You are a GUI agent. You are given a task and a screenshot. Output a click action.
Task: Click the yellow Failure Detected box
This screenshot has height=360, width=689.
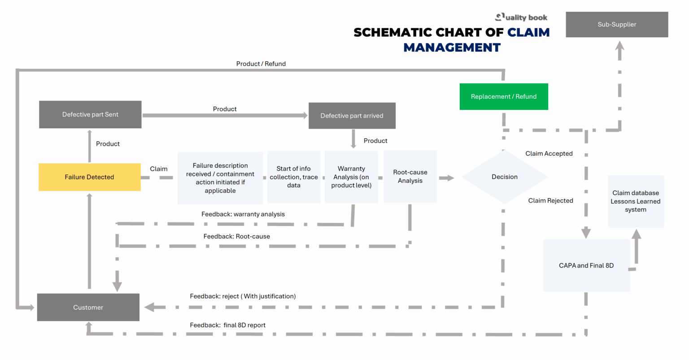89,177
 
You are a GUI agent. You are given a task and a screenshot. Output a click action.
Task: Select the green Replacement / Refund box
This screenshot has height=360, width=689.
503,96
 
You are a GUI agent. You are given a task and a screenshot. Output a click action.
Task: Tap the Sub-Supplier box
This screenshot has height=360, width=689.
617,25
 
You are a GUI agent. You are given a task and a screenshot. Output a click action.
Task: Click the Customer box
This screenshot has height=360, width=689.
88,308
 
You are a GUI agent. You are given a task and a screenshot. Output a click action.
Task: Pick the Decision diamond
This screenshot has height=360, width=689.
504,177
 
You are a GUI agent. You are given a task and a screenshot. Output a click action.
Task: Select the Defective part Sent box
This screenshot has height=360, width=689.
90,115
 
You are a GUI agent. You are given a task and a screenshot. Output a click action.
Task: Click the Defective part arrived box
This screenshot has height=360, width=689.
352,116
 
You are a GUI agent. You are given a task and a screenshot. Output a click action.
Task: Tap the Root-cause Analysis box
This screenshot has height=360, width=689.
410,177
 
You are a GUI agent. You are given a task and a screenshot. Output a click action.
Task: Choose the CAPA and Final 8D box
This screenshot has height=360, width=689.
586,265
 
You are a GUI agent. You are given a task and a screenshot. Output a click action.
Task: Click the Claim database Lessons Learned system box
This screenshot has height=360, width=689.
635,201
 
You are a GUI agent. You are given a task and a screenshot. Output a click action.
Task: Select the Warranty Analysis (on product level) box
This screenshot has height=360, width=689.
351,177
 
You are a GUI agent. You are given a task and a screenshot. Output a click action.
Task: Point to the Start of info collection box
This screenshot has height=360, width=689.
294,177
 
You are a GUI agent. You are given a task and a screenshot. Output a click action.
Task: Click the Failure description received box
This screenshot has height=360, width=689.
220,178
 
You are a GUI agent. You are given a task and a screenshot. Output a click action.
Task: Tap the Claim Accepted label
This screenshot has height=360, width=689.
549,154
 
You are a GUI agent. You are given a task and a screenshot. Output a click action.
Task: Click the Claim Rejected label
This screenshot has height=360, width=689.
550,201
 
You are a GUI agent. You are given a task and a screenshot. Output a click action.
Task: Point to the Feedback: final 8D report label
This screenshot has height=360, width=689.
227,325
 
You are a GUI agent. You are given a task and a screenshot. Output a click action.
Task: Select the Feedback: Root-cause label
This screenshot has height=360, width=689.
236,236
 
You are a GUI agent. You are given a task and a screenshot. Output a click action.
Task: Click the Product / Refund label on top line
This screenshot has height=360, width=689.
261,64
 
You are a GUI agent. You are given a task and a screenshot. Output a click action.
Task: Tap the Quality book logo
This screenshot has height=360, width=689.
521,17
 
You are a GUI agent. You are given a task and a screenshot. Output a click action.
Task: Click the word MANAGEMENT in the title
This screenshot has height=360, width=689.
452,48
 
